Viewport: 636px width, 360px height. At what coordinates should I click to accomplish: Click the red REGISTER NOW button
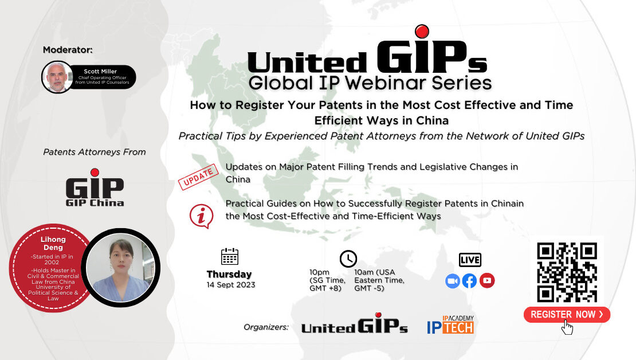(567, 315)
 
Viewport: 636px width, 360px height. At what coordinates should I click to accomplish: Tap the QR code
(567, 272)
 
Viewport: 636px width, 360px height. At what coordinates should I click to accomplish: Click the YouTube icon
(487, 280)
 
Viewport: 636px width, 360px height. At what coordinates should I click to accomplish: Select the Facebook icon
(469, 281)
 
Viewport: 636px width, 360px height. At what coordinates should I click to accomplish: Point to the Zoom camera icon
(452, 281)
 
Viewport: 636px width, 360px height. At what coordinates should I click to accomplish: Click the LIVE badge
(470, 260)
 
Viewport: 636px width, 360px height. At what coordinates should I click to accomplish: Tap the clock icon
(348, 259)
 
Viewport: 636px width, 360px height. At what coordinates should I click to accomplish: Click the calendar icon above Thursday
(230, 256)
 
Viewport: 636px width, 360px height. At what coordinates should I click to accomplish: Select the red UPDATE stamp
(198, 177)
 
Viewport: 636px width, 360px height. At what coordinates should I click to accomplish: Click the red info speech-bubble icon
(201, 216)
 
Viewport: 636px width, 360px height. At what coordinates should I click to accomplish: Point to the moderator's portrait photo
(57, 77)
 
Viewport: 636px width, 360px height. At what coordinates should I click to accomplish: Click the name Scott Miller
(100, 72)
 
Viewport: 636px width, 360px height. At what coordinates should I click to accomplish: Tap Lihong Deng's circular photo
(120, 268)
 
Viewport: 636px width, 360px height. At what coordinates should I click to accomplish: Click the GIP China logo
(95, 187)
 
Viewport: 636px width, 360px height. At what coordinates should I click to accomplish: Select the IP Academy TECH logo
(450, 324)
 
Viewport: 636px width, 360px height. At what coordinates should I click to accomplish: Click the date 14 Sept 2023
(231, 285)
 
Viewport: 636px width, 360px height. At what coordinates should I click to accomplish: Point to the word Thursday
(229, 275)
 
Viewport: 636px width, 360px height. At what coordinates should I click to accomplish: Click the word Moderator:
(68, 50)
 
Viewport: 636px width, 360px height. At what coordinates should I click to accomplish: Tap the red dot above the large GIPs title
(422, 32)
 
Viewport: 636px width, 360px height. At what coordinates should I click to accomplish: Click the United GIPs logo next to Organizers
(355, 323)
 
